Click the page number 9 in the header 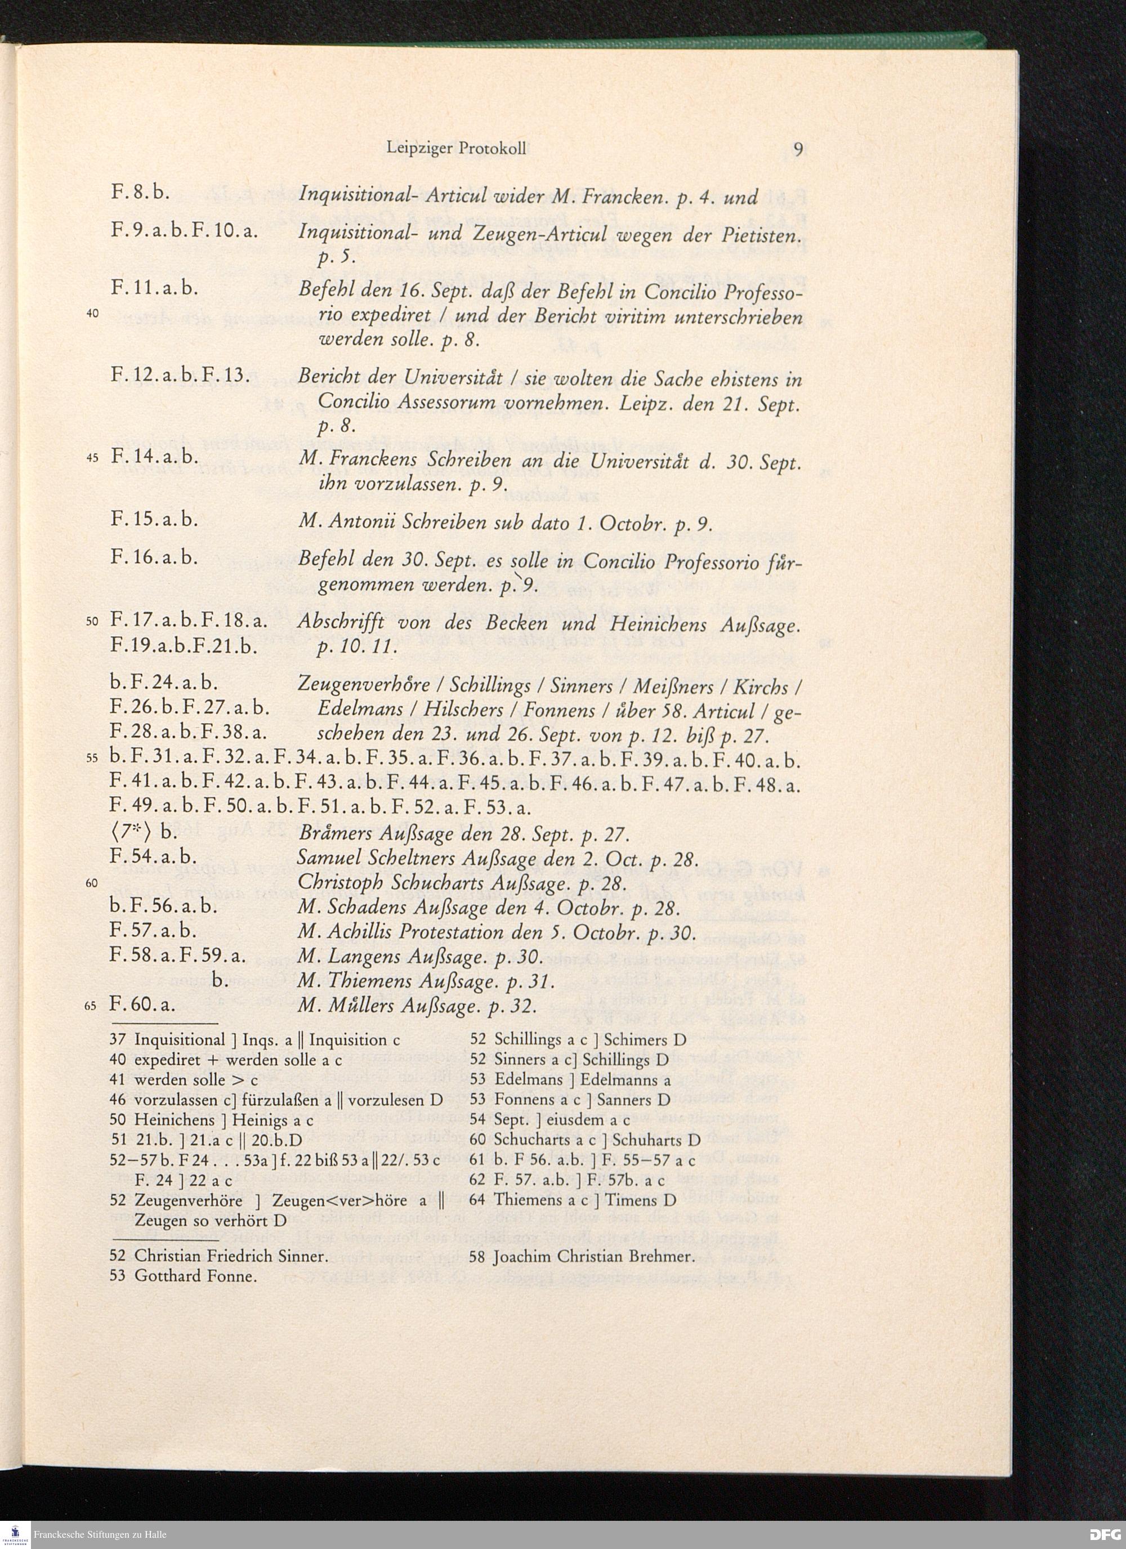797,148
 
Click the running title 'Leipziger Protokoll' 455,148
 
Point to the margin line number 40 94,314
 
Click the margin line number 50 93,622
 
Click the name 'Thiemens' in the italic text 360,981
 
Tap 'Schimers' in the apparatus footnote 635,1040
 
